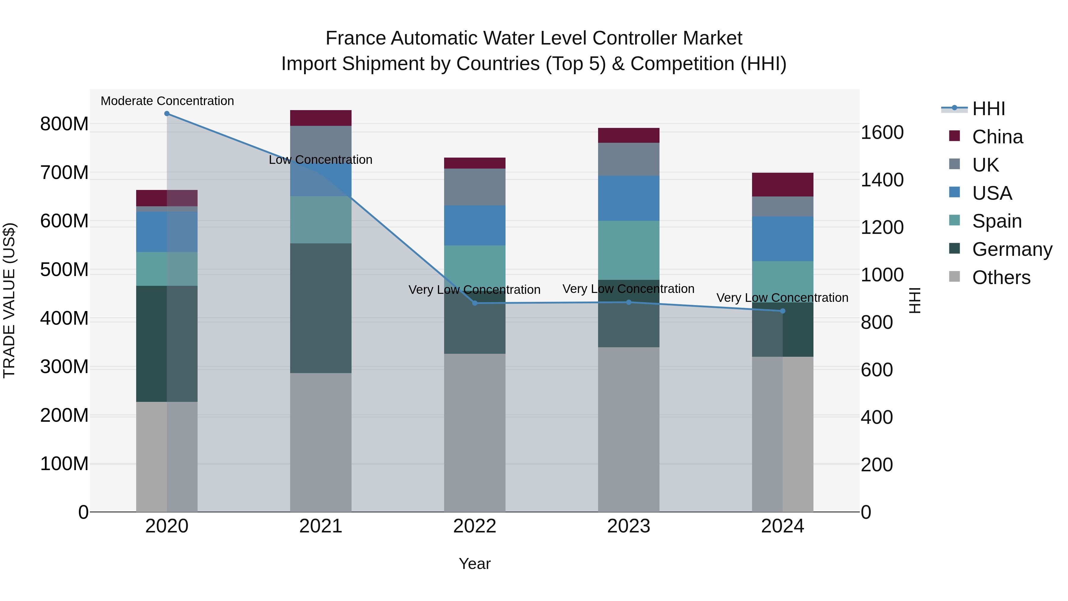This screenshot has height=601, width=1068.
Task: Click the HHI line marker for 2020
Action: click(x=167, y=114)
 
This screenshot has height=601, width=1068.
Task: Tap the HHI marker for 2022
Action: click(x=475, y=303)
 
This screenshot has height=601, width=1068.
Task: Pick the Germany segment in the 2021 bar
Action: click(x=320, y=308)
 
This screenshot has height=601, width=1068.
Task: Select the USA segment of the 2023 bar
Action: click(x=629, y=198)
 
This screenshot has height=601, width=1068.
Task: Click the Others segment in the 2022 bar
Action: click(x=475, y=433)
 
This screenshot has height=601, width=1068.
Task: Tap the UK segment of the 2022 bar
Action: click(x=475, y=187)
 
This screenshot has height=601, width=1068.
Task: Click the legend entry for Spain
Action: click(x=997, y=221)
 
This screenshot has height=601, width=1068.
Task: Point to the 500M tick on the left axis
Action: click(x=64, y=270)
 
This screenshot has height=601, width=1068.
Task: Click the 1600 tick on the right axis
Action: click(x=882, y=133)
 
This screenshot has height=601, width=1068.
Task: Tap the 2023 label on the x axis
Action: click(x=629, y=526)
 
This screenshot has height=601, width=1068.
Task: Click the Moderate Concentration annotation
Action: click(x=167, y=101)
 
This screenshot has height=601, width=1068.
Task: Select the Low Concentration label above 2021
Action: click(x=320, y=160)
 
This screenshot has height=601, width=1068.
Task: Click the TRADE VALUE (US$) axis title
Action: click(x=9, y=300)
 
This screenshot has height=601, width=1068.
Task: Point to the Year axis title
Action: click(x=474, y=564)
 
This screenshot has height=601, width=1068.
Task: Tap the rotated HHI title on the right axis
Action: click(x=915, y=300)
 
